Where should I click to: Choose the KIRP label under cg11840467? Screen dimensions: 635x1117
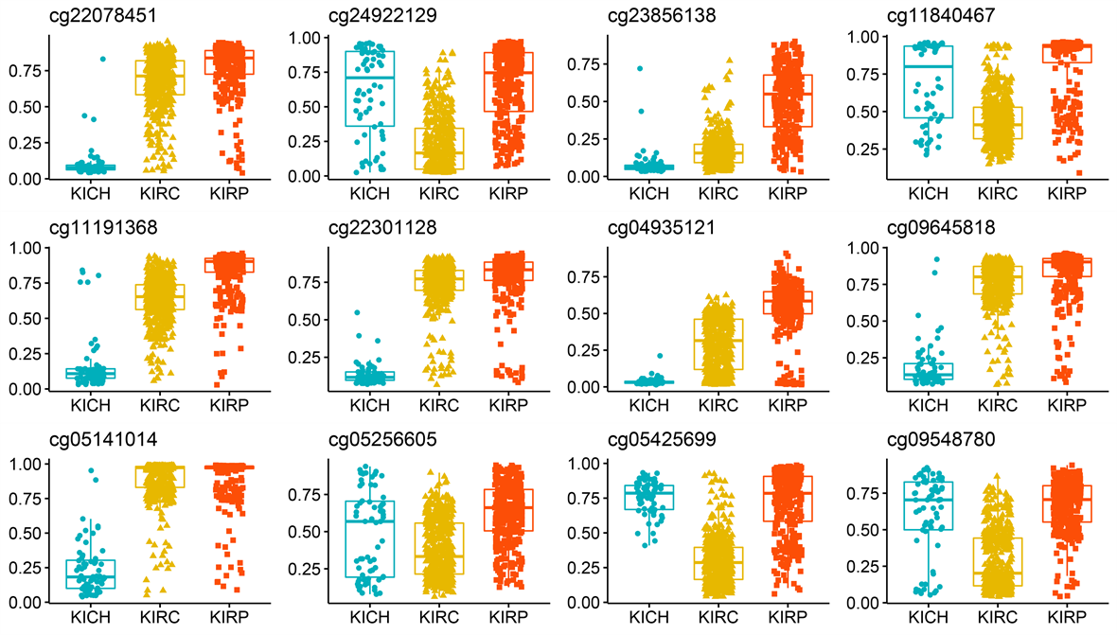click(1071, 195)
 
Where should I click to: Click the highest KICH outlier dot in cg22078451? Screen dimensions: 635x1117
click(102, 59)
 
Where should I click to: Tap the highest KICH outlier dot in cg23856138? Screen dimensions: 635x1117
click(640, 68)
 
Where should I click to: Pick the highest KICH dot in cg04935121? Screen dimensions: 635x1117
click(659, 356)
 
